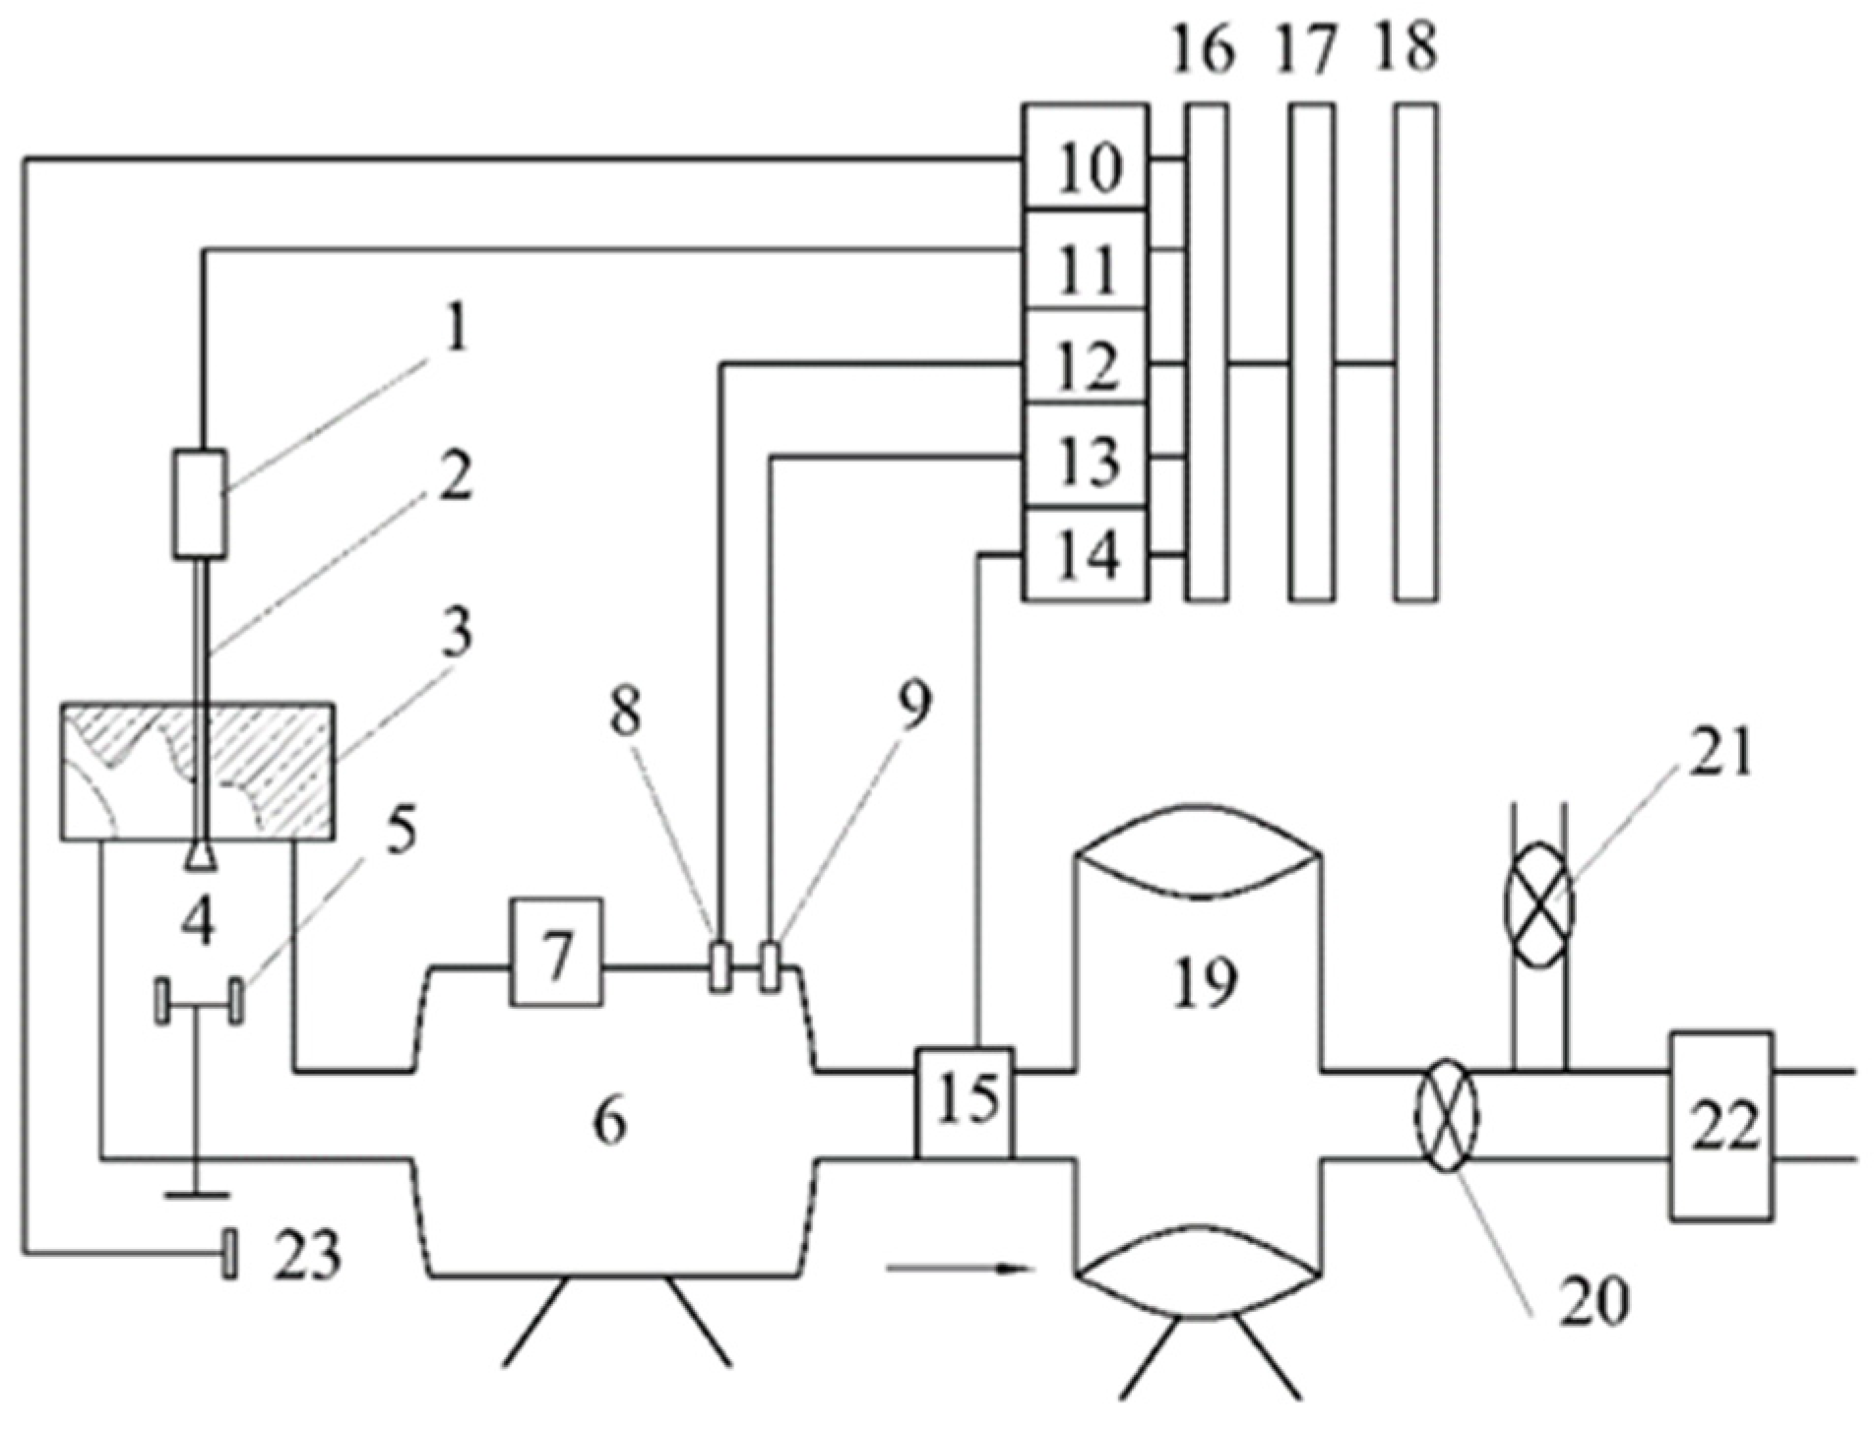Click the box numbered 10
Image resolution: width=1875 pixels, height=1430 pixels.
(1085, 157)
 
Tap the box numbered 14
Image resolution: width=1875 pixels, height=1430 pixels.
(1085, 555)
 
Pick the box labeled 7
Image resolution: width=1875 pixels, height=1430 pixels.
(556, 952)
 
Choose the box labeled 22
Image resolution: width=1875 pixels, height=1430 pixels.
(1720, 1125)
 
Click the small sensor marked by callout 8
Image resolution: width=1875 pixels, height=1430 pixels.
(719, 967)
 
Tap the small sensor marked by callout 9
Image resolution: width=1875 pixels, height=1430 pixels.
(771, 967)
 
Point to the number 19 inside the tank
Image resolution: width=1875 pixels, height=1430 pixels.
(1205, 982)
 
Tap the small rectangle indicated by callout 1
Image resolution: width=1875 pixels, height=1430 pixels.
(200, 504)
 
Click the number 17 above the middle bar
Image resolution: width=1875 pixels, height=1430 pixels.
(1306, 47)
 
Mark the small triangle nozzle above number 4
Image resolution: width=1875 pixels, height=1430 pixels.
(201, 859)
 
